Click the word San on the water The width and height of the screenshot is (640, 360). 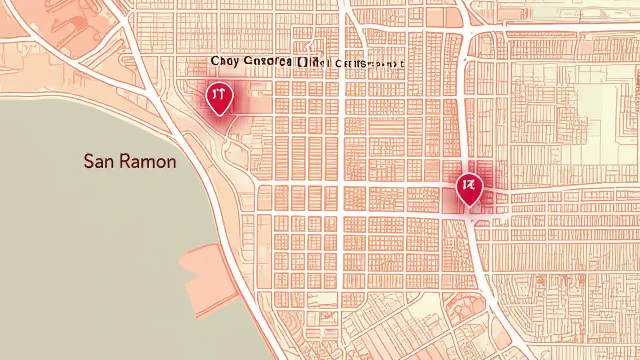coord(96,161)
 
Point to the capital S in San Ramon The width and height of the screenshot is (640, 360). coord(88,161)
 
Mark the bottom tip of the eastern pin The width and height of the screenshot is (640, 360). coord(469,206)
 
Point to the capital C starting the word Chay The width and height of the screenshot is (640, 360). coord(214,62)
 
